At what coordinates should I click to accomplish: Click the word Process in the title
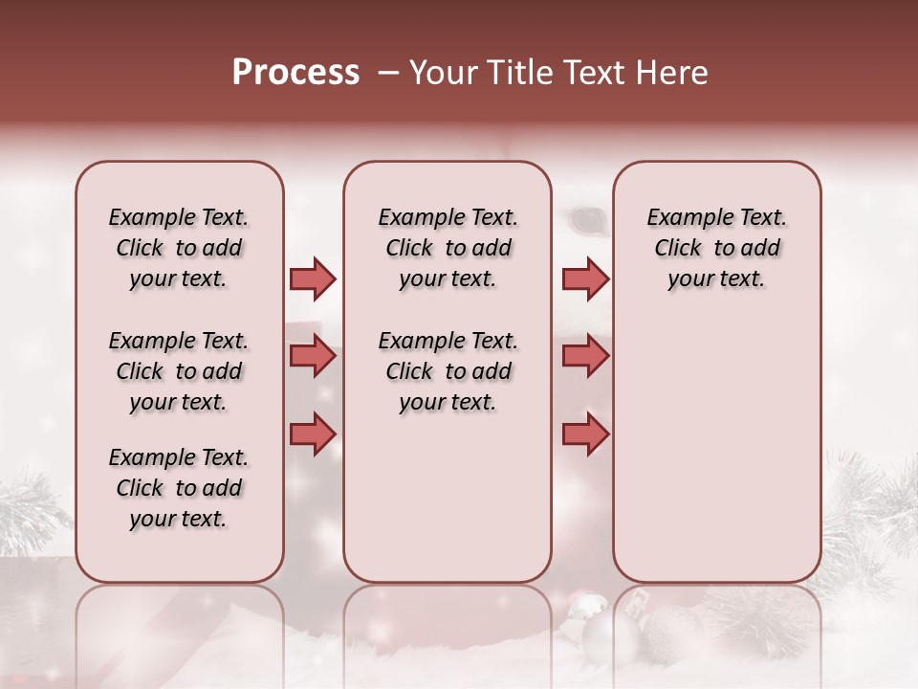click(x=295, y=73)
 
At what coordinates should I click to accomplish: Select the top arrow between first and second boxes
click(x=313, y=278)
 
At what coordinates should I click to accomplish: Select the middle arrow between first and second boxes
click(x=313, y=357)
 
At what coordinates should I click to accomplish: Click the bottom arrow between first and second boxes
click(x=313, y=434)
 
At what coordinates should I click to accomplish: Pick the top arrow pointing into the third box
click(x=585, y=278)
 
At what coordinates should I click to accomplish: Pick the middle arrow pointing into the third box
click(x=585, y=357)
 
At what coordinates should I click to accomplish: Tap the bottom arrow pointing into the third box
click(x=585, y=434)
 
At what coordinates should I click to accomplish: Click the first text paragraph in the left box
click(x=179, y=248)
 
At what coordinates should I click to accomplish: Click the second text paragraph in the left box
click(x=179, y=371)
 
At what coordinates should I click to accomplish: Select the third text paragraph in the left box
click(x=179, y=488)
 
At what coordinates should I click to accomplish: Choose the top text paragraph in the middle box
click(x=448, y=248)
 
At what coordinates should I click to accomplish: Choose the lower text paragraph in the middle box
click(x=448, y=371)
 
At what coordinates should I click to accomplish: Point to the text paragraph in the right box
click(x=717, y=248)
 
